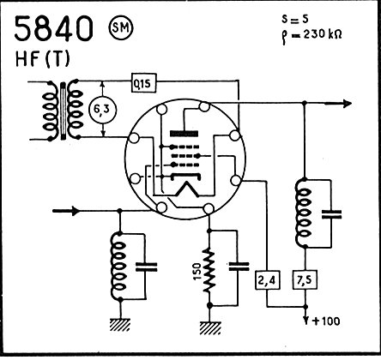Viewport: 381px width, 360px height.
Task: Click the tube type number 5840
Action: (54, 28)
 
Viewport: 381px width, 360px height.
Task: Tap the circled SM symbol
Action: (121, 28)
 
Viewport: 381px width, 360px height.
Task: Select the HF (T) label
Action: (43, 59)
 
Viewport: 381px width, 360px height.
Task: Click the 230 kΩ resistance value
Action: (322, 34)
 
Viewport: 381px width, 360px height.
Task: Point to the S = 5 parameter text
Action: (295, 19)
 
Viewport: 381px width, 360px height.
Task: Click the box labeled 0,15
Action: (144, 83)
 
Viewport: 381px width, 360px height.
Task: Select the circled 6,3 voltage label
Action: (103, 110)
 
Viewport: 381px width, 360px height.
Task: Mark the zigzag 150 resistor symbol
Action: (209, 270)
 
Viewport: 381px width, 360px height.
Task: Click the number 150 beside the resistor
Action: (197, 270)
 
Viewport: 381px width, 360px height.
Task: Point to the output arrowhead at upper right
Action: (347, 104)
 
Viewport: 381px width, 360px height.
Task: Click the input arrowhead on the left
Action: (75, 211)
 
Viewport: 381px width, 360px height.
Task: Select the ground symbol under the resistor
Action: (210, 328)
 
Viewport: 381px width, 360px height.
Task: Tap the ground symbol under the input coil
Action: (120, 325)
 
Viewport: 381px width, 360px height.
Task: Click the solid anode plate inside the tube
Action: (184, 134)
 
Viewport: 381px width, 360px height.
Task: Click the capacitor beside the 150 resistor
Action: (239, 267)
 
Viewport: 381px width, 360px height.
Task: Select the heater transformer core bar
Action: (63, 111)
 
